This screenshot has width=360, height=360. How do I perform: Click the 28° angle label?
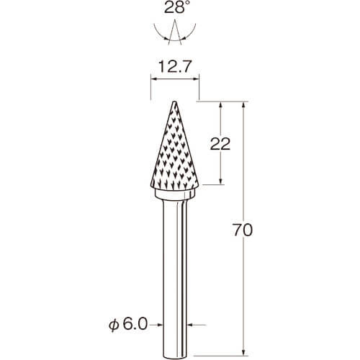pyautogui.click(x=175, y=8)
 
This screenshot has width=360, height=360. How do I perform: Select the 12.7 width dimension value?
pyautogui.click(x=174, y=67)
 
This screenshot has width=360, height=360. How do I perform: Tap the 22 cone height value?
pyautogui.click(x=220, y=144)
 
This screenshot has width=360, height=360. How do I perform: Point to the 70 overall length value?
pyautogui.click(x=243, y=230)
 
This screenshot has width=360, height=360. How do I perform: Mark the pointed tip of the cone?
pyautogui.click(x=174, y=102)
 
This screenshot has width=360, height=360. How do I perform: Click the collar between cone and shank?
pyautogui.click(x=174, y=194)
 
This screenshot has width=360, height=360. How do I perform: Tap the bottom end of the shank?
pyautogui.click(x=174, y=358)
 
